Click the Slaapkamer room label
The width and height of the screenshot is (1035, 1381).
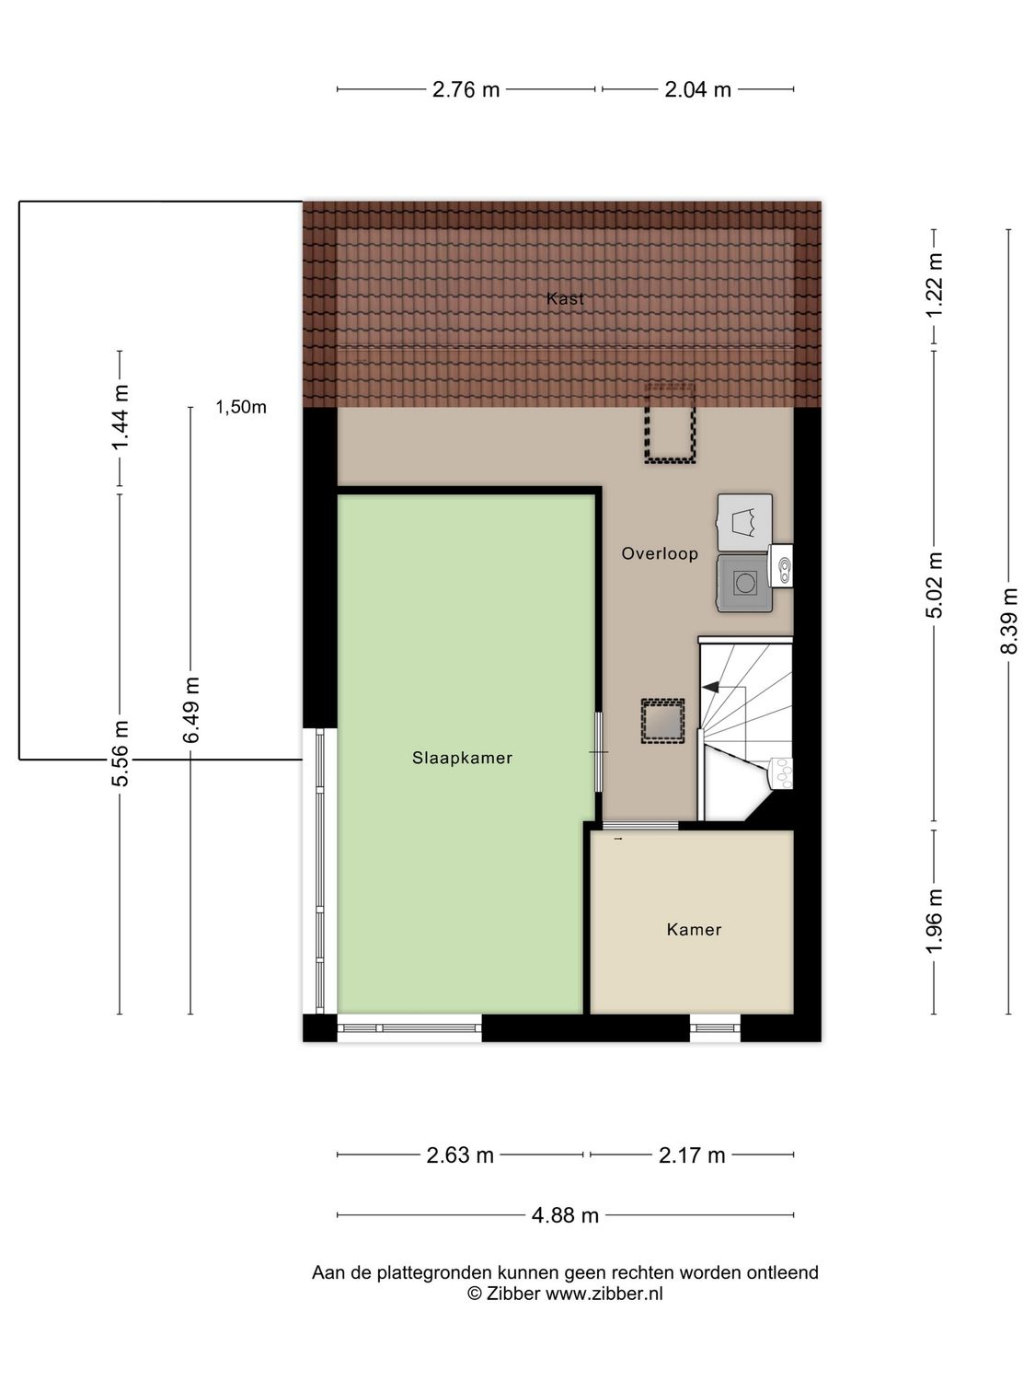point(462,758)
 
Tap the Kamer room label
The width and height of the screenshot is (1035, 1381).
point(694,929)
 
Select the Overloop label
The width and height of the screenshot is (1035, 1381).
point(660,553)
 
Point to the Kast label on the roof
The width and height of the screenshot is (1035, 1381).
point(565,298)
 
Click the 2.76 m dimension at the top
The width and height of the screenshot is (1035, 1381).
point(466,89)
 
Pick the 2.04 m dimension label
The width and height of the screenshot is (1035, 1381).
point(697,89)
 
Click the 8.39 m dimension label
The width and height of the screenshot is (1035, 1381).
point(1009,621)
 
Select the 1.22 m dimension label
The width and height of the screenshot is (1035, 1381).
point(935,285)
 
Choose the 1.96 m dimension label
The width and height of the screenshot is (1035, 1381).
point(935,922)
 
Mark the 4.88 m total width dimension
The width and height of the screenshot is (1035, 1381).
point(565,1215)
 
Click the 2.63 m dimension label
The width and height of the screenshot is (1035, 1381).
point(460,1155)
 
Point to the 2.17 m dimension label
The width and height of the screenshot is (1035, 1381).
point(692,1155)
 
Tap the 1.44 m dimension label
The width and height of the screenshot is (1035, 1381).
point(120,418)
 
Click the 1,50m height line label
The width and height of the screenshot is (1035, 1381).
point(241,407)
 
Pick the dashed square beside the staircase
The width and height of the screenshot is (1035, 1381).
point(662,720)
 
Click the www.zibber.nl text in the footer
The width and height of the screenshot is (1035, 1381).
point(604,1294)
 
